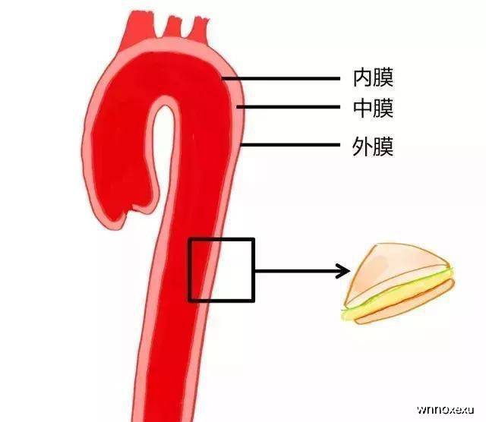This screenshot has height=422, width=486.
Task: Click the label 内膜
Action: pyautogui.click(x=373, y=77)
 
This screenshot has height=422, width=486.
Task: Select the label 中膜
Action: pyautogui.click(x=373, y=108)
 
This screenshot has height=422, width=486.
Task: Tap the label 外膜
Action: pyautogui.click(x=373, y=146)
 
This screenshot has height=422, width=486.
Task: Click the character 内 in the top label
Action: pyautogui.click(x=363, y=77)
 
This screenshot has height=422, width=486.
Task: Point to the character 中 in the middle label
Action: pyautogui.click(x=363, y=108)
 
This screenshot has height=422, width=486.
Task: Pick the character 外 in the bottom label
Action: pyautogui.click(x=362, y=146)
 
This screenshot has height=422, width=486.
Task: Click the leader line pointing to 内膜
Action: pyautogui.click(x=281, y=79)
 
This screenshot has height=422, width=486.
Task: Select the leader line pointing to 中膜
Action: pyautogui.click(x=289, y=107)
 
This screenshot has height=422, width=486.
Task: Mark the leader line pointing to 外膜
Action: pyautogui.click(x=290, y=145)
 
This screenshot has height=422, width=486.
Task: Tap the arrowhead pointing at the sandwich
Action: pyautogui.click(x=343, y=271)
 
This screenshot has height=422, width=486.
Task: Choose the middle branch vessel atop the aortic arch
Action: pyautogui.click(x=173, y=27)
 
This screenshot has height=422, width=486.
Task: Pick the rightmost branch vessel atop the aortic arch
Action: pyautogui.click(x=198, y=30)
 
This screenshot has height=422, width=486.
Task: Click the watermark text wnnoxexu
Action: pyautogui.click(x=445, y=410)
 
